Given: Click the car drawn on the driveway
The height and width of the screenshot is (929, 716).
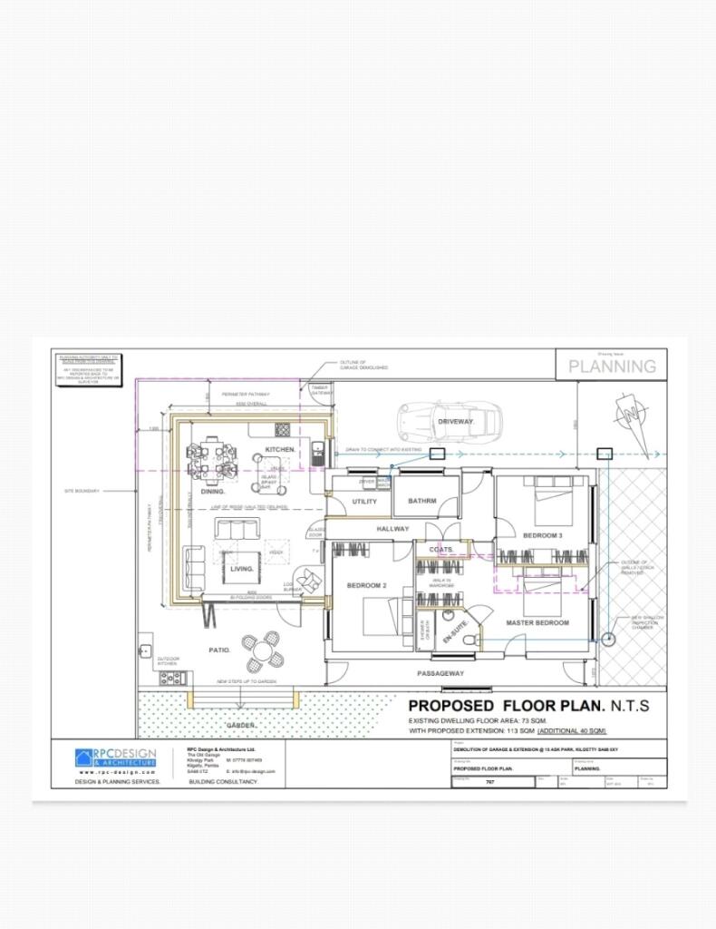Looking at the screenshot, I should tap(450, 420).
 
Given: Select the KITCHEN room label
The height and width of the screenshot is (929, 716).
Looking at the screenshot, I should tap(280, 450).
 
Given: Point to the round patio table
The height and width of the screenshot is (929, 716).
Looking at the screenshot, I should tap(264, 650).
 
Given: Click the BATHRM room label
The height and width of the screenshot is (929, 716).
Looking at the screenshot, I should tap(422, 501).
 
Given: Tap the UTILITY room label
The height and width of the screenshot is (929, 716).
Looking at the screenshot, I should tap(364, 501).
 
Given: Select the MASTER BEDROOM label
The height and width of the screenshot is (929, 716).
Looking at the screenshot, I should tap(537, 623).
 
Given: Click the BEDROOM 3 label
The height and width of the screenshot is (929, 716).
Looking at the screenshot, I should tap(542, 536).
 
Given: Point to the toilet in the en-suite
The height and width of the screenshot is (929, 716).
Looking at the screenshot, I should tap(468, 640).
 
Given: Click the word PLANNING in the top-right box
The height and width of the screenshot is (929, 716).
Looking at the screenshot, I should tap(612, 367).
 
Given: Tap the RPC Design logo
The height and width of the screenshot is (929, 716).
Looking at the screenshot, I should tap(115, 758).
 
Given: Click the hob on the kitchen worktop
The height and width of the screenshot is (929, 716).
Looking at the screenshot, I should tap(283, 429).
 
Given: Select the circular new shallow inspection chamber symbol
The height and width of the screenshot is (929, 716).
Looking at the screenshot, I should tap(609, 638).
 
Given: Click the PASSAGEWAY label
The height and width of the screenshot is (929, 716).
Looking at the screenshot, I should tap(440, 674).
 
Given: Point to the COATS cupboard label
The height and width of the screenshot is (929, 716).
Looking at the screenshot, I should tap(441, 550).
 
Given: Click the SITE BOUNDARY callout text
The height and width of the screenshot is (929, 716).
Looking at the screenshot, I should tap(82, 491).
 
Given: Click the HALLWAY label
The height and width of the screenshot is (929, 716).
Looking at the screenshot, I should tap(393, 529).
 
